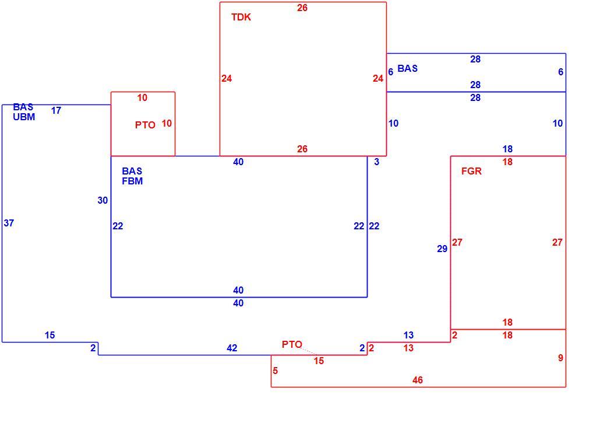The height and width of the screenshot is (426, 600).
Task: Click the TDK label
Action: pyautogui.click(x=241, y=18)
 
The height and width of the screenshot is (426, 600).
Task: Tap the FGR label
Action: pyautogui.click(x=471, y=172)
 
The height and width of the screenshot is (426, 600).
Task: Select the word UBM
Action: pyautogui.click(x=24, y=117)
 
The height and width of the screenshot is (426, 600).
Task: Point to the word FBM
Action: pyautogui.click(x=132, y=181)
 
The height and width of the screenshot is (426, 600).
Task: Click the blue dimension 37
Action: pyautogui.click(x=9, y=223)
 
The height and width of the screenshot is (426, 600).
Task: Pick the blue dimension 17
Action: pyautogui.click(x=57, y=111)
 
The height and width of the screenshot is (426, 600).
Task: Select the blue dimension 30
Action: pyautogui.click(x=103, y=201)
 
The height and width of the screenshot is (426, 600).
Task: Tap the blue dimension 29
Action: pyautogui.click(x=442, y=249)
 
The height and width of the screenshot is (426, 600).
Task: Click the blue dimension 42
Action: pyautogui.click(x=232, y=348)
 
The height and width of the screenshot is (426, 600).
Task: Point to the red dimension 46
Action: pyautogui.click(x=418, y=380)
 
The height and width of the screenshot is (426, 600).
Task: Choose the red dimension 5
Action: pyautogui.click(x=275, y=371)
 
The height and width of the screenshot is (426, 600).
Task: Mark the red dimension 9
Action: pyautogui.click(x=560, y=358)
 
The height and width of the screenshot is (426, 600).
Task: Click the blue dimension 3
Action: pyautogui.click(x=376, y=162)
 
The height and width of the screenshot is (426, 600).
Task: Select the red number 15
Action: pyautogui.click(x=319, y=361)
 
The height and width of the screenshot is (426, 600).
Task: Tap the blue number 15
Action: pyautogui.click(x=50, y=336)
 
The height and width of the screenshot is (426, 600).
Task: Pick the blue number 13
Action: pyautogui.click(x=408, y=336)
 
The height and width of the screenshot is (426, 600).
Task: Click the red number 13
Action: pyautogui.click(x=408, y=348)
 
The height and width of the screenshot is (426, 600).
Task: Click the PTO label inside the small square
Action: pyautogui.click(x=145, y=125)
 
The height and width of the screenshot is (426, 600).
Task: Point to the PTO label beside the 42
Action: pyautogui.click(x=292, y=345)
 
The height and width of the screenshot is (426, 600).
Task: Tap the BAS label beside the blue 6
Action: pyautogui.click(x=408, y=69)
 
